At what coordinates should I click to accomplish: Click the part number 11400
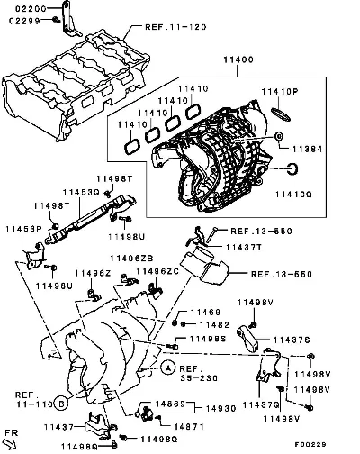(x=238, y=59)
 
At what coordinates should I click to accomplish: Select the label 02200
(x=31, y=9)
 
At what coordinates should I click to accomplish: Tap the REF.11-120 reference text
(x=175, y=27)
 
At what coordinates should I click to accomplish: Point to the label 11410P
(x=280, y=92)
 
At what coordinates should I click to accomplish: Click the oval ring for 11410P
(x=281, y=114)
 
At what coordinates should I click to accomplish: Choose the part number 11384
(x=308, y=149)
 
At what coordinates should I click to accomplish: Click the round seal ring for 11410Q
(x=292, y=168)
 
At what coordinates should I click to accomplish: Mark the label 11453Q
(x=81, y=192)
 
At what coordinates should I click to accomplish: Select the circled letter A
(x=168, y=368)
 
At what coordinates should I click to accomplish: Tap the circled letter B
(x=61, y=404)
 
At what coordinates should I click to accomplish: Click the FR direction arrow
(x=11, y=444)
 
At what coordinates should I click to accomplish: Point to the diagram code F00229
(x=310, y=444)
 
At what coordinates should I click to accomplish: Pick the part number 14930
(x=221, y=408)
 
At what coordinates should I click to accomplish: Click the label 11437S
(x=292, y=340)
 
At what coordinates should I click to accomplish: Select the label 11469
(x=205, y=313)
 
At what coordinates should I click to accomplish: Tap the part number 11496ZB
(x=131, y=259)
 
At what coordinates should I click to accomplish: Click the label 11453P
(x=23, y=229)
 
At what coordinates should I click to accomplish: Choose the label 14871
(x=189, y=426)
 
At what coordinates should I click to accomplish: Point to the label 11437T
(x=244, y=248)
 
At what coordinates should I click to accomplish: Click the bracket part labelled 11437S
(x=248, y=339)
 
